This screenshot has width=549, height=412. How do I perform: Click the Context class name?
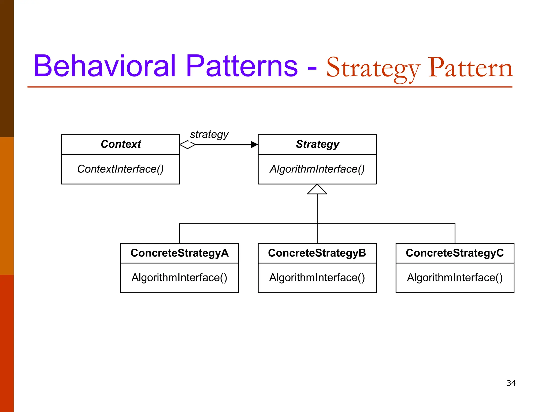click(x=121, y=144)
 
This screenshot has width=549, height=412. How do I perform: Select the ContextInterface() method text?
click(x=120, y=169)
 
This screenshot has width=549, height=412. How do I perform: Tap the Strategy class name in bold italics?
click(x=317, y=144)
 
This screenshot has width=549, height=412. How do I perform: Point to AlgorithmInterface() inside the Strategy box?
click(x=317, y=169)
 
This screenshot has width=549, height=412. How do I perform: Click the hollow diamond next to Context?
click(x=187, y=145)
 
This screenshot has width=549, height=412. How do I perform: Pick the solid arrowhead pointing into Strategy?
click(x=254, y=145)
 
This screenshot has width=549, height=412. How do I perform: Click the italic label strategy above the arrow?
click(x=209, y=134)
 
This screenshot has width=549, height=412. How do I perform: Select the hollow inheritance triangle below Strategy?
click(x=317, y=190)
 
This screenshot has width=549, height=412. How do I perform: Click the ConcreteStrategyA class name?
click(x=179, y=253)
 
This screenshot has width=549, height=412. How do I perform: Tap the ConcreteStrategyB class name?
click(x=317, y=253)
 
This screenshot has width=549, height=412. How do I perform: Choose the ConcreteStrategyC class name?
click(x=455, y=253)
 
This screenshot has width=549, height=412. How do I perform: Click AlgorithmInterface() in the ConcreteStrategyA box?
click(x=179, y=278)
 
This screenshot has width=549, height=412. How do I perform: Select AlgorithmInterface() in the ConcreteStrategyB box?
click(x=317, y=278)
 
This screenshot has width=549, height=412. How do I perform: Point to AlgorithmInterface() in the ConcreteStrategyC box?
click(x=455, y=278)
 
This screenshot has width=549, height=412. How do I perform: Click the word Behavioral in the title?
click(x=105, y=66)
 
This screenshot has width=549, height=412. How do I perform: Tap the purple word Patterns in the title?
click(x=242, y=66)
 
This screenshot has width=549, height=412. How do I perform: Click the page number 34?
click(x=511, y=383)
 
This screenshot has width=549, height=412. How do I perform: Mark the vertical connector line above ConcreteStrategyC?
click(x=455, y=233)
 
